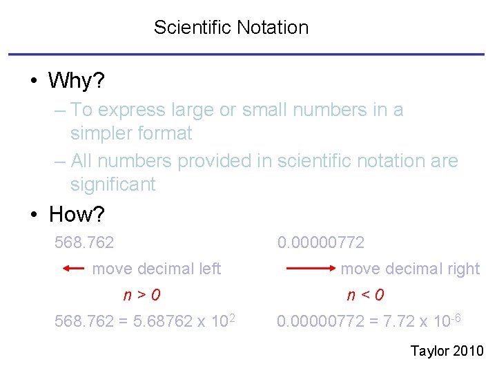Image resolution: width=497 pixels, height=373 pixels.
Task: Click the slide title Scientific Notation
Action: point(231,28)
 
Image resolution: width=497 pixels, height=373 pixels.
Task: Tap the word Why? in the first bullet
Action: point(76,81)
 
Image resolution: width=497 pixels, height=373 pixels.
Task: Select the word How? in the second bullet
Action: point(77,214)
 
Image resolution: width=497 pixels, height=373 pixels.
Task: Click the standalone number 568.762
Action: point(84,242)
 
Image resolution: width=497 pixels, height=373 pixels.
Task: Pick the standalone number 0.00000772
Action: point(320,242)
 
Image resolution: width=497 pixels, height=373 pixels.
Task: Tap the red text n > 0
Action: point(142,295)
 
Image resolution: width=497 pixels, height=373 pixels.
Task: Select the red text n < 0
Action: point(365,295)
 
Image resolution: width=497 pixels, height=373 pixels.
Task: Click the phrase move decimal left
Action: point(157,269)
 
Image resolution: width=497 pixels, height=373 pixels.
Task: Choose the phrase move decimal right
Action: point(410,269)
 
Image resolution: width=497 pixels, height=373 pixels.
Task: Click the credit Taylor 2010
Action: point(447,352)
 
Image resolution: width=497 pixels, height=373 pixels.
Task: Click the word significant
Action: point(113,184)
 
